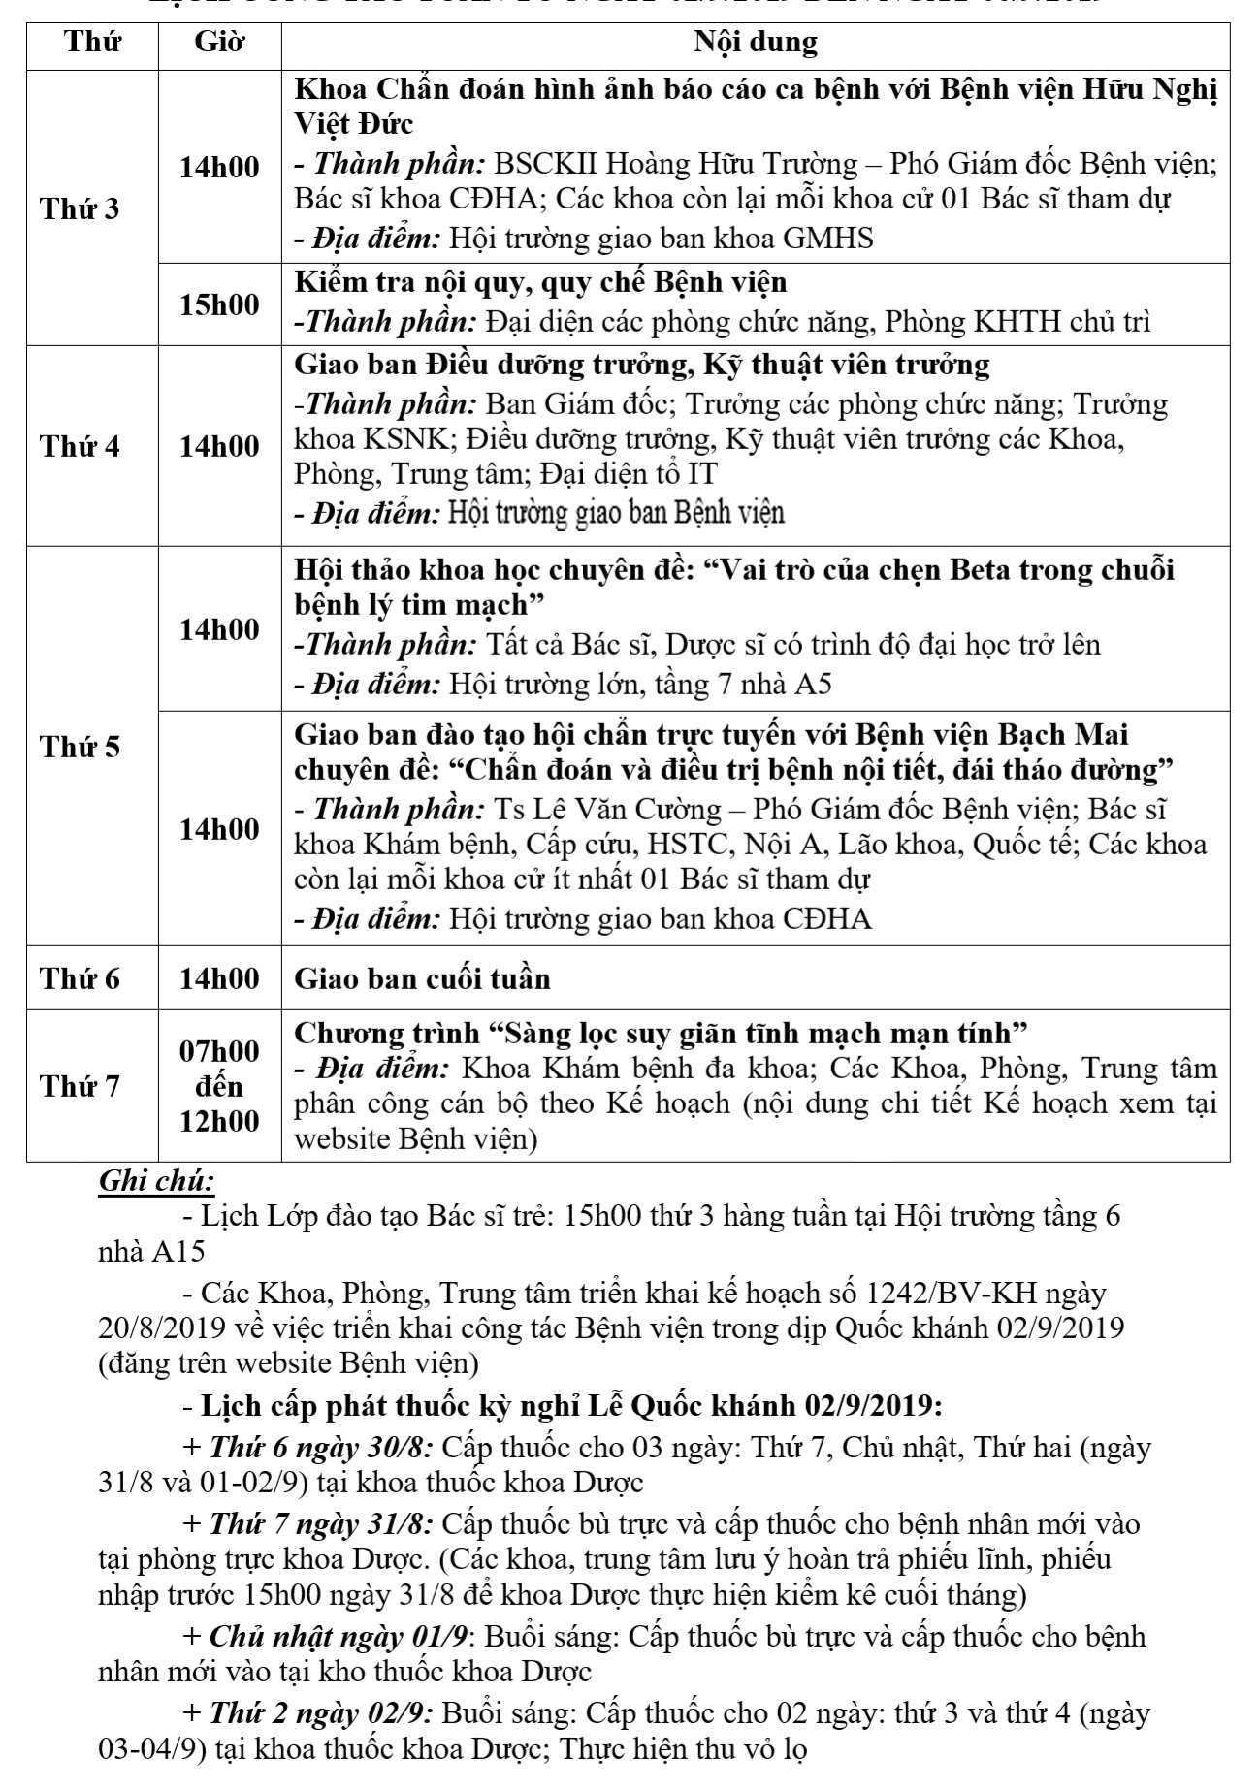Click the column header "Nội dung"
click(756, 44)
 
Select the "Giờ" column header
click(219, 44)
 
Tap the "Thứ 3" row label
click(81, 208)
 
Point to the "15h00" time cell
click(219, 304)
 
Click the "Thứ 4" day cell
click(81, 446)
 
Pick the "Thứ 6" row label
click(81, 978)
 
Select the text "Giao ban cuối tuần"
click(422, 978)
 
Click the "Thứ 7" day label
click(81, 1086)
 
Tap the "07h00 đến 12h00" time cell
click(219, 1086)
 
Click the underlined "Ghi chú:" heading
click(157, 1181)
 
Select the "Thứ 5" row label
click(81, 747)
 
